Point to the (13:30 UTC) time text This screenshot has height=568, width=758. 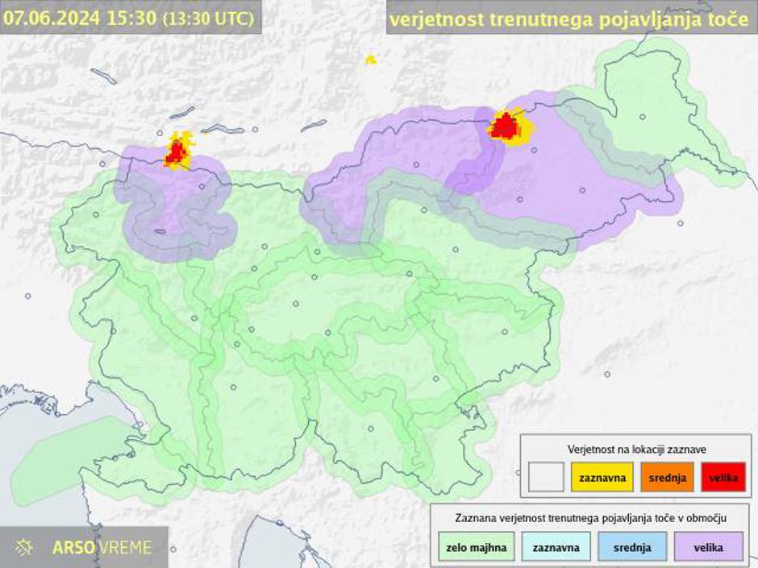coord(207,19)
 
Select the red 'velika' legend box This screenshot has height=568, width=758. coord(723,478)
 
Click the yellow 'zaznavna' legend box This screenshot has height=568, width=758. coord(602,478)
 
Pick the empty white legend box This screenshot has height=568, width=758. coord(546,478)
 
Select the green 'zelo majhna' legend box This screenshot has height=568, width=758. coord(476,548)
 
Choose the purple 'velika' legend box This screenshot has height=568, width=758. coord(710,548)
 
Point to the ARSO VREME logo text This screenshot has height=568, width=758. coord(102,548)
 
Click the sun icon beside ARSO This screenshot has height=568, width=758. coord(24,548)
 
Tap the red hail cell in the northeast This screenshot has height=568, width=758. coord(506,126)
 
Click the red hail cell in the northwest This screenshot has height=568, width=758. coord(176,153)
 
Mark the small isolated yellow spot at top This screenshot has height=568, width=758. coord(370,60)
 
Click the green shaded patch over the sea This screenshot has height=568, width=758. coord(69,455)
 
